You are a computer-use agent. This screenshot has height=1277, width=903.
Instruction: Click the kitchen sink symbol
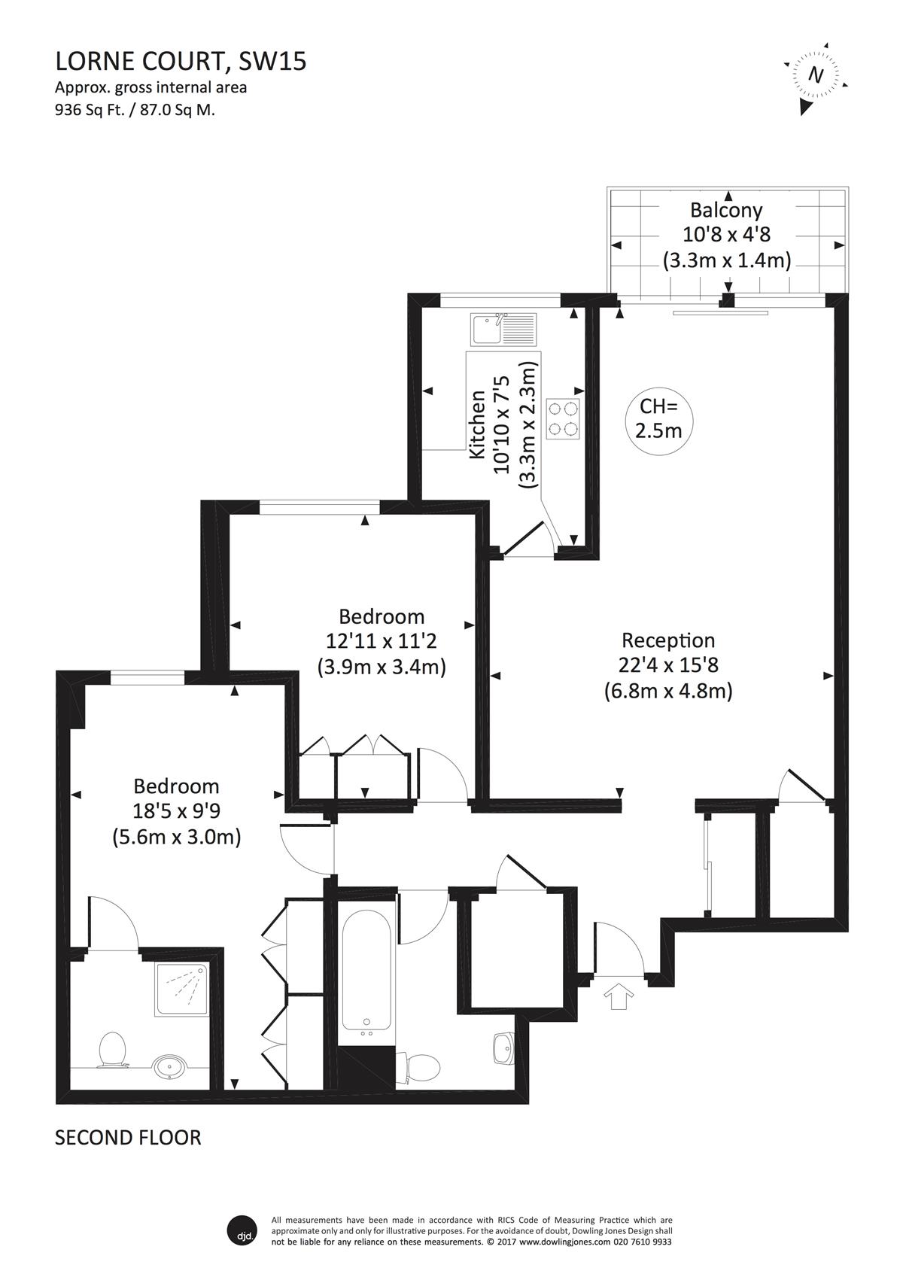503,329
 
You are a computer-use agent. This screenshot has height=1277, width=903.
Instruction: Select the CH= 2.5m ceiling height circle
658,418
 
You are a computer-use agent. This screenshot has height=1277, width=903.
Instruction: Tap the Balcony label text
725,211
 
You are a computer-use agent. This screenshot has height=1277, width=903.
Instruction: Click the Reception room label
668,640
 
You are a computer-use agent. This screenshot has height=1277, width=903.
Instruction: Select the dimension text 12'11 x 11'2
382,641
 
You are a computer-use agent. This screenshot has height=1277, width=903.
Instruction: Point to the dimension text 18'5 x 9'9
176,811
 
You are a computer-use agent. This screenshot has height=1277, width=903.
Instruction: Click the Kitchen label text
478,424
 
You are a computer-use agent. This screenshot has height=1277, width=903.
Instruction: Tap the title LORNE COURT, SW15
181,61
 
